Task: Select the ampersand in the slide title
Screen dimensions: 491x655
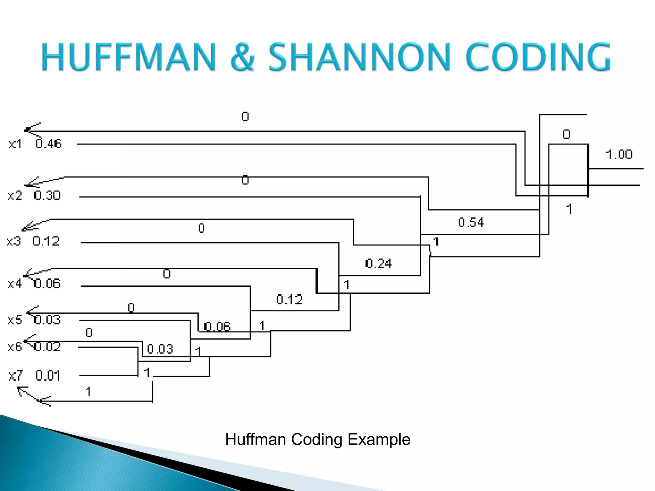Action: point(242,57)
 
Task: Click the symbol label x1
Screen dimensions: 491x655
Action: point(15,144)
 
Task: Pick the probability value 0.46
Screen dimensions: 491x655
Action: point(49,144)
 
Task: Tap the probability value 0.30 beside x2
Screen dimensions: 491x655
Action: point(47,195)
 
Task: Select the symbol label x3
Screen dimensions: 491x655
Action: point(14,241)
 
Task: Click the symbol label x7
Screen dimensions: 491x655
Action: point(16,376)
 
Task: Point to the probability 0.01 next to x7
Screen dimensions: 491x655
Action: point(48,376)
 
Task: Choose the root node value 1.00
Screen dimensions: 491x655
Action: point(619,155)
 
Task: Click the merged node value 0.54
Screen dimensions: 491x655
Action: point(471,222)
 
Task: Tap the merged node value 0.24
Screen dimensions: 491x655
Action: point(378,263)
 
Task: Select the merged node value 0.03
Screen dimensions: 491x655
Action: point(160,349)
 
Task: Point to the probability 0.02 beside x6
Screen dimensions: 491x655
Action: point(47,347)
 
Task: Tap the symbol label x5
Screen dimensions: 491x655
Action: point(15,320)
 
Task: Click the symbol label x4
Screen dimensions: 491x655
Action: point(15,284)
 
